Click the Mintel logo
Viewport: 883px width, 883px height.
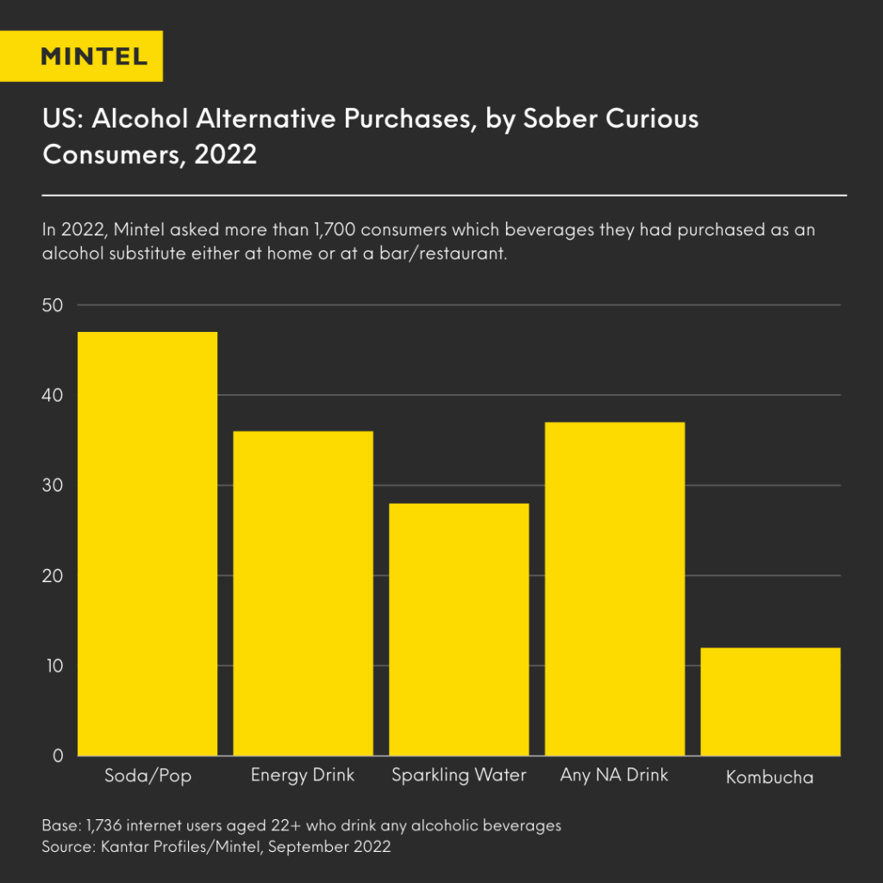tap(94, 57)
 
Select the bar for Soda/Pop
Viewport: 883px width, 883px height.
tap(147, 543)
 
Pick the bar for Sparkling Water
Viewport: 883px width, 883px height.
tap(459, 629)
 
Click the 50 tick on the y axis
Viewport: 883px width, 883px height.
tap(53, 305)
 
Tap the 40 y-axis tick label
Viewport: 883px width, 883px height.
tap(53, 396)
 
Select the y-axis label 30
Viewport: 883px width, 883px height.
tap(53, 485)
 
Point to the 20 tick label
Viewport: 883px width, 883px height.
tap(53, 576)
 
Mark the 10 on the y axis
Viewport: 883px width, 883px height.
tap(53, 666)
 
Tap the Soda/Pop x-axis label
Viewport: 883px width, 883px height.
tap(147, 776)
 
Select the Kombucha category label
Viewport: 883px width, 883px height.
tap(770, 777)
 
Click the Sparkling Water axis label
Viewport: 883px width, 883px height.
tap(459, 775)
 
